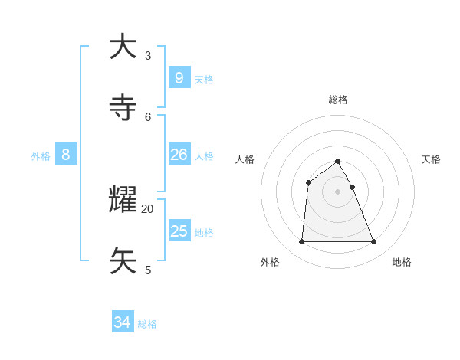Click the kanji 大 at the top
click(123, 47)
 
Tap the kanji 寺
click(123, 108)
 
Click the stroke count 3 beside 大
click(148, 55)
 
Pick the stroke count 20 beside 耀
click(148, 208)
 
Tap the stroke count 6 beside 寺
click(148, 116)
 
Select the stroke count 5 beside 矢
click(148, 270)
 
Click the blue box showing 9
click(179, 77)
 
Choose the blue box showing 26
click(179, 155)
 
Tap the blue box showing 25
click(179, 231)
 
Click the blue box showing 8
click(66, 155)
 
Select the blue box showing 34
click(123, 322)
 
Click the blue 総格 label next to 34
click(147, 324)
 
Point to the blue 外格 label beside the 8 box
click(41, 156)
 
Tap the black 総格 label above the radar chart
click(337, 100)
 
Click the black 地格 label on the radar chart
click(402, 262)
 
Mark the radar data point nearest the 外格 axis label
click(301, 242)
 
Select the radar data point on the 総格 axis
click(337, 161)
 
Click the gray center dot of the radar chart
click(337, 191)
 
